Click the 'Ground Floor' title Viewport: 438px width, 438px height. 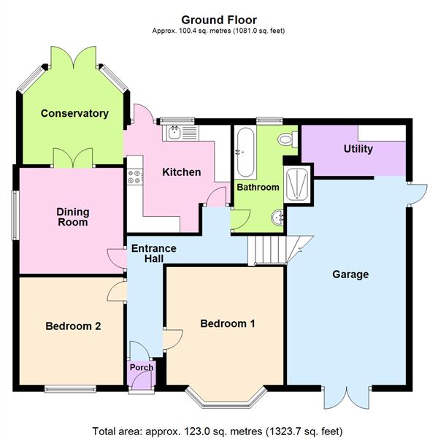coord(219,19)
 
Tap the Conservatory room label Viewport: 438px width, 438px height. coord(74,113)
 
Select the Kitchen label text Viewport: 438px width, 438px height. coord(181,172)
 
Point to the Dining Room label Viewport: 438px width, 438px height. coord(72,217)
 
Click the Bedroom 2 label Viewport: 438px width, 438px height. coord(73,326)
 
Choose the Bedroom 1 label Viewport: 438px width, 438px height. coord(228,323)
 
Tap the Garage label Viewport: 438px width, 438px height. coord(350,275)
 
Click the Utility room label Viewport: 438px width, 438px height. coord(358,149)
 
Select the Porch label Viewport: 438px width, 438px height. coord(142,367)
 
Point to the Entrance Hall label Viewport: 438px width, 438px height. coord(153,253)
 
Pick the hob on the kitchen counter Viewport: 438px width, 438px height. coord(134,176)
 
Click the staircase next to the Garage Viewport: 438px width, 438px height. coord(270,250)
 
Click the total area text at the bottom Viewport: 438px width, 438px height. coord(218,430)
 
